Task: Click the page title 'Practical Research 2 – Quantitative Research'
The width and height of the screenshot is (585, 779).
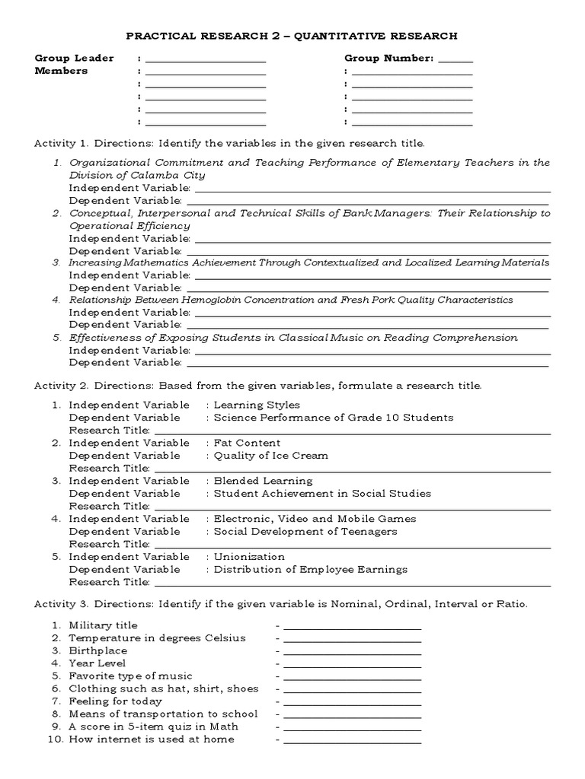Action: click(292, 35)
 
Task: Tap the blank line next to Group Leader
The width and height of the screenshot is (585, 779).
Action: click(206, 61)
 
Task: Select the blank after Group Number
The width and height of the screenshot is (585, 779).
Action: click(456, 61)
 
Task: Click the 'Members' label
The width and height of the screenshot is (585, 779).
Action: click(61, 71)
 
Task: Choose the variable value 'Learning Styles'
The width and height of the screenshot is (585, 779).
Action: click(257, 405)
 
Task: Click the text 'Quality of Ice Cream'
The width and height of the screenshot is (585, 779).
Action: click(270, 455)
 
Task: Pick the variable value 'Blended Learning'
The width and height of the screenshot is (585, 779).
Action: click(263, 481)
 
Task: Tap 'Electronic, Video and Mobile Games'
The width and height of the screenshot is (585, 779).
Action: click(315, 519)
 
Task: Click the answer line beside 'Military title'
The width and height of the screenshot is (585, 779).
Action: click(351, 628)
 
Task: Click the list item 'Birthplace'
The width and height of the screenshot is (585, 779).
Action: click(98, 650)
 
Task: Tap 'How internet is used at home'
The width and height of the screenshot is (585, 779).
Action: click(151, 739)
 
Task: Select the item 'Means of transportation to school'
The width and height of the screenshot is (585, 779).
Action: click(163, 714)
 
